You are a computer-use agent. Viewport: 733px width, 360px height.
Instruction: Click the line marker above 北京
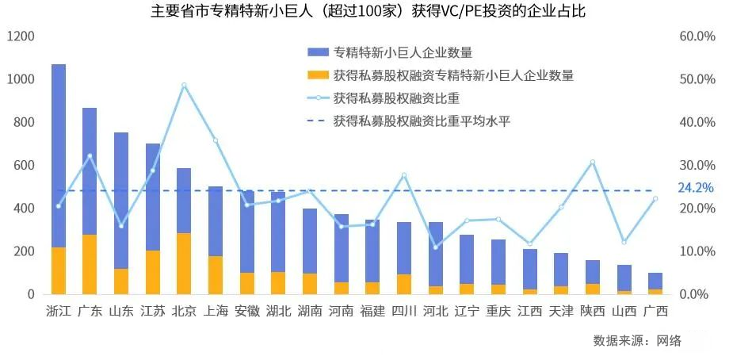pyautogui.click(x=184, y=85)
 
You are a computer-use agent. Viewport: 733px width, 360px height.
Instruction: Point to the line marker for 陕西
pyautogui.click(x=592, y=162)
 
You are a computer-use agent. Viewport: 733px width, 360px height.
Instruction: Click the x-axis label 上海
pyautogui.click(x=216, y=310)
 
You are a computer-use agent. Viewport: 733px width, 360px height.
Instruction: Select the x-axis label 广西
pyautogui.click(x=655, y=310)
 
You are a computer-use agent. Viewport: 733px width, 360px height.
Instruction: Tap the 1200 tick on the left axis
pyautogui.click(x=21, y=36)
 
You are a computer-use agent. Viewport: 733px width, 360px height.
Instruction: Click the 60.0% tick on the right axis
pyautogui.click(x=697, y=36)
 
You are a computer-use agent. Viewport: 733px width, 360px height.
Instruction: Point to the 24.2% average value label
pyautogui.click(x=696, y=188)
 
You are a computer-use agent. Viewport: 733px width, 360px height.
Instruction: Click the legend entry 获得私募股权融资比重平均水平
pyautogui.click(x=431, y=121)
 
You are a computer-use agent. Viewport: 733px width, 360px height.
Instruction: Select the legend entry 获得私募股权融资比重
pyautogui.click(x=396, y=98)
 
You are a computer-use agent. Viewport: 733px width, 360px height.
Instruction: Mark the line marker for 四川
pyautogui.click(x=404, y=174)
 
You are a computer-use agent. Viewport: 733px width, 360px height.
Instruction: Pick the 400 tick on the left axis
pyautogui.click(x=24, y=209)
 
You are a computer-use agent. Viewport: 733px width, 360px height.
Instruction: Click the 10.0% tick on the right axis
pyautogui.click(x=697, y=251)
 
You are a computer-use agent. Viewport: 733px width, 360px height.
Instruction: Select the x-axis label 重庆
pyautogui.click(x=498, y=310)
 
